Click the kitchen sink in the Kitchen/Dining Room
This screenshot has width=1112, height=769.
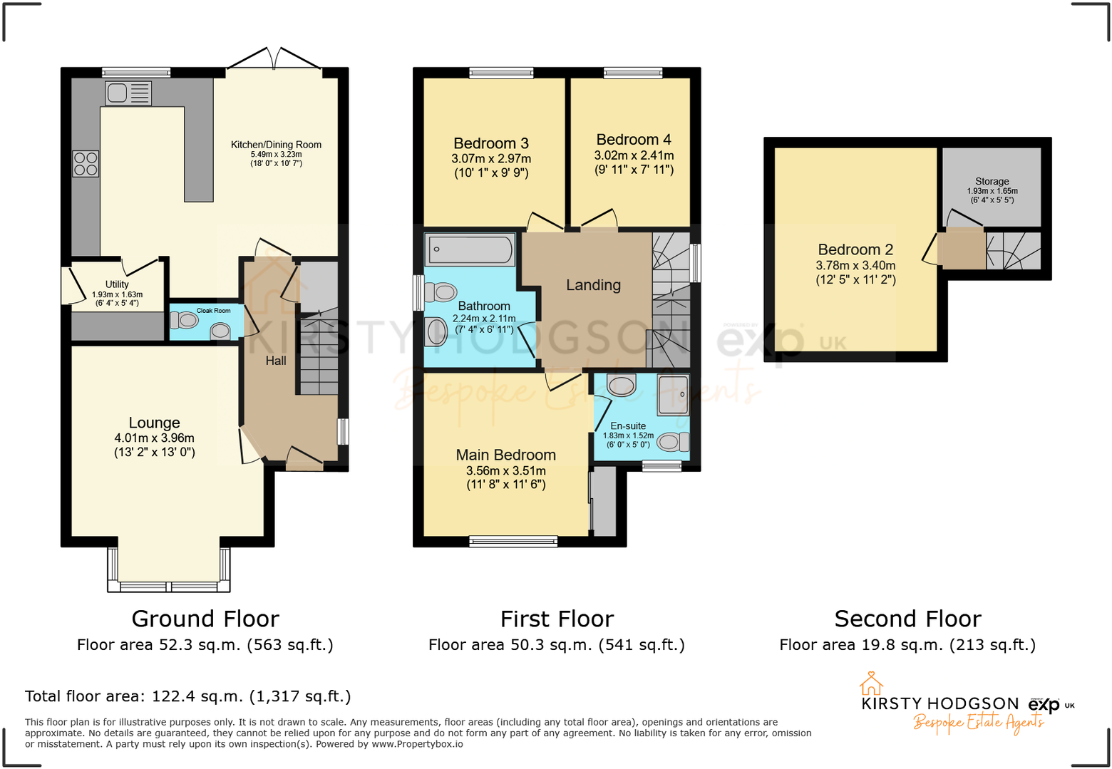pos(128,93)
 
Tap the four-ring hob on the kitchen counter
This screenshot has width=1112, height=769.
pos(86,164)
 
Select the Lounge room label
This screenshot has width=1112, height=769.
pos(154,423)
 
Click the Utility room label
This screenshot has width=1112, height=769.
pos(117,284)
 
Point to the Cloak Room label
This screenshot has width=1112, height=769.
pos(213,311)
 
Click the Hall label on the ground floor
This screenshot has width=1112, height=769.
pos(276,361)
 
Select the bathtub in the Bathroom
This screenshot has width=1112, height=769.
pos(469,250)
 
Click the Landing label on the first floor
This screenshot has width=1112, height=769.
pos(593,285)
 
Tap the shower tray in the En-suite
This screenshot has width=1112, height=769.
pos(673,394)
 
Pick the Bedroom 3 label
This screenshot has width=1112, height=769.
pos(491,143)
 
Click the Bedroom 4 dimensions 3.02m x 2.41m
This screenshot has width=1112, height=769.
pos(634,155)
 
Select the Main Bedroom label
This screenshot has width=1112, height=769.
pos(505,455)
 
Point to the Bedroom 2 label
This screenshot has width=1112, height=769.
pos(855,249)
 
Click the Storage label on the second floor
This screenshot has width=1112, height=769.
pos(992,181)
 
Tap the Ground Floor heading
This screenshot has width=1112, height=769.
pos(205,619)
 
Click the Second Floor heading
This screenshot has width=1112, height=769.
pos(907,619)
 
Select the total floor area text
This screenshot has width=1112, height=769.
pos(188,696)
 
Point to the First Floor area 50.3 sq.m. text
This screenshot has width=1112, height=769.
pos(556,645)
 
